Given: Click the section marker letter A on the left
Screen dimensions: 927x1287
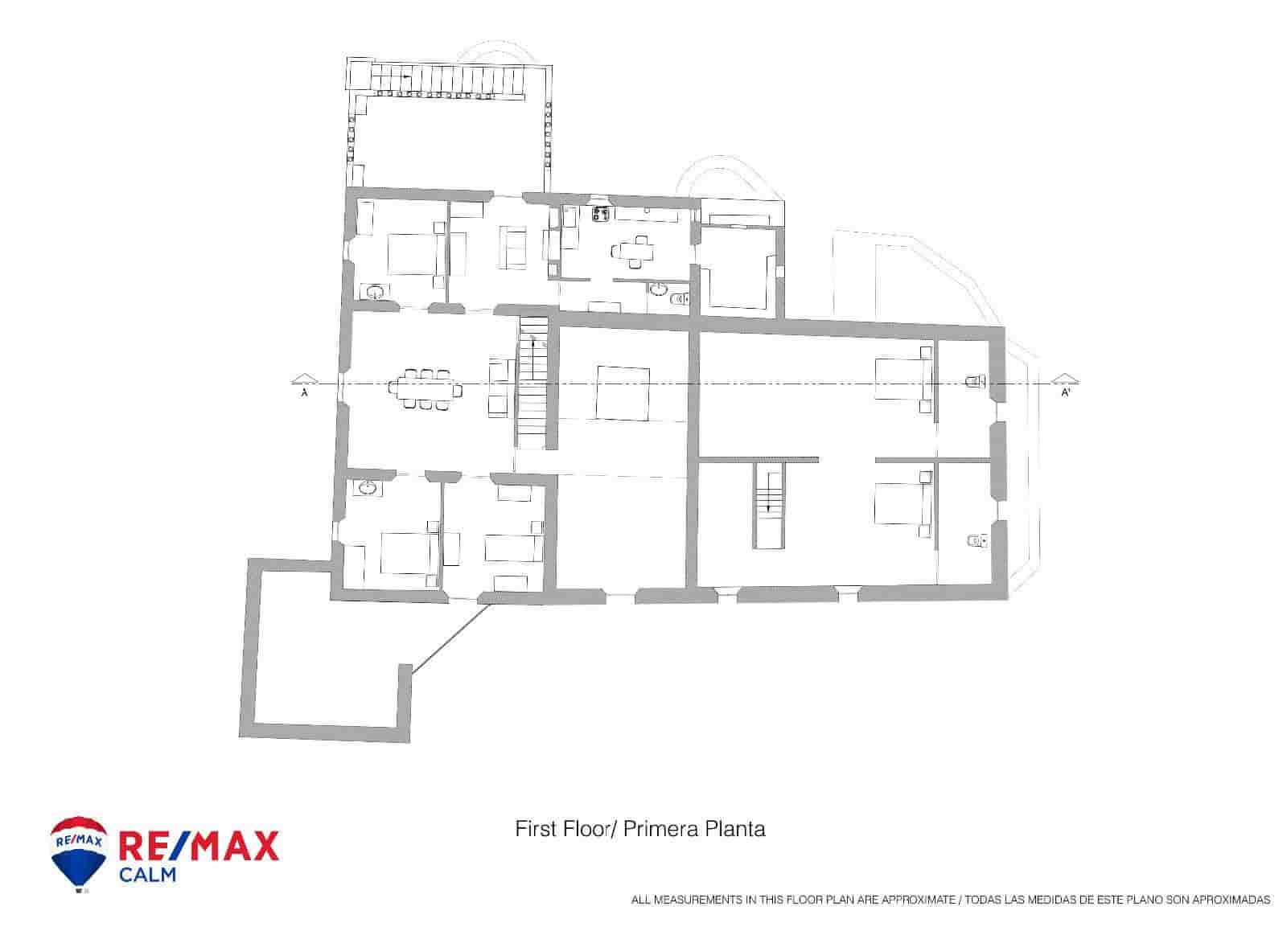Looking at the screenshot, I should [x=304, y=393].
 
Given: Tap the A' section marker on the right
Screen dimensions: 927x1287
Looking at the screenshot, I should [x=1065, y=393].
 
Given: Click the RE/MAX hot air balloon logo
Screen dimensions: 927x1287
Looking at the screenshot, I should [x=79, y=854].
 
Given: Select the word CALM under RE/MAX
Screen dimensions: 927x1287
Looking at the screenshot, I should [x=147, y=874].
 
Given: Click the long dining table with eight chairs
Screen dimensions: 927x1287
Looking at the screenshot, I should [x=426, y=389].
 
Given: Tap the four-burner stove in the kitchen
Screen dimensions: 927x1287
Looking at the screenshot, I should [x=600, y=214].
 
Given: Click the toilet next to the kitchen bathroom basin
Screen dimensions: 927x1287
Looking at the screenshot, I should [x=681, y=299].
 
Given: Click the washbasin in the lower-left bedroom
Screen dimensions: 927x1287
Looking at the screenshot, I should [x=368, y=487].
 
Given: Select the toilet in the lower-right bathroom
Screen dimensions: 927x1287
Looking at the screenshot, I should [x=976, y=541].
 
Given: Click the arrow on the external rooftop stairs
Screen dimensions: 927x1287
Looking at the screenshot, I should [x=407, y=77].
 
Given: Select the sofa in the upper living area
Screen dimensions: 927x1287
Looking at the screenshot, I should [x=513, y=248].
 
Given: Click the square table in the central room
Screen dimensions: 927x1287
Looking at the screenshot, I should [x=623, y=392].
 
